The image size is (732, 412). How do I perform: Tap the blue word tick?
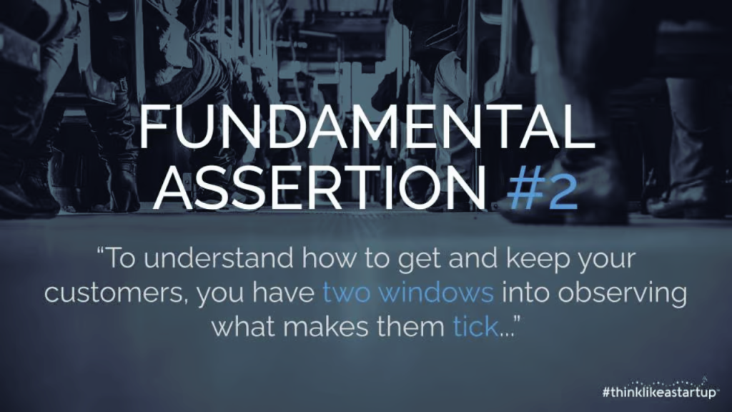(x=475, y=326)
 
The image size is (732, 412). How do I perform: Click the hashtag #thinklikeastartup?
(x=658, y=392)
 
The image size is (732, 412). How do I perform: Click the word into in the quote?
(x=524, y=293)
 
